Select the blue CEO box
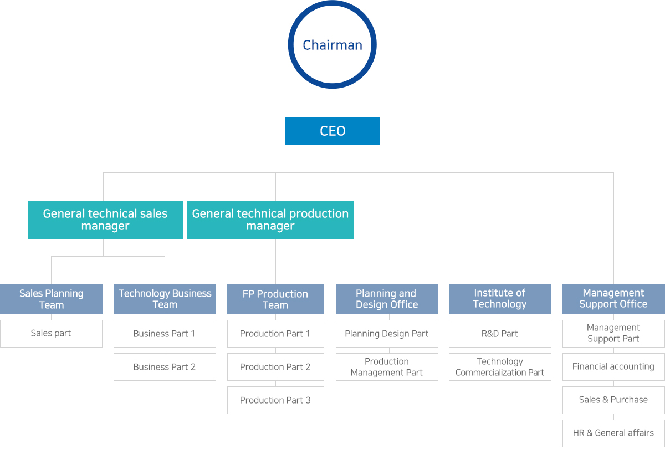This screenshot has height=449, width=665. [332, 131]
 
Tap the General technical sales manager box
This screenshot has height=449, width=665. [105, 220]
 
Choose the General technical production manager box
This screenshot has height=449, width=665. [270, 220]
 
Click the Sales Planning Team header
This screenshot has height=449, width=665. [51, 299]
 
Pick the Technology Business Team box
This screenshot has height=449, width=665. [165, 299]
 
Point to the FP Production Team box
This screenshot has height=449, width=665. [275, 299]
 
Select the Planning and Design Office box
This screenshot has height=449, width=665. [387, 299]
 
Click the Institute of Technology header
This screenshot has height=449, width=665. [500, 299]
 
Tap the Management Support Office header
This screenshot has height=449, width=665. [613, 299]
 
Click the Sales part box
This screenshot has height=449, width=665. [51, 334]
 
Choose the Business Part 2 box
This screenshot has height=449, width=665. [165, 367]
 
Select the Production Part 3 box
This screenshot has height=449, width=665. [275, 400]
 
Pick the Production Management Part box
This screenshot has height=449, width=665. [387, 367]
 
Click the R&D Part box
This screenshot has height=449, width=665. [500, 334]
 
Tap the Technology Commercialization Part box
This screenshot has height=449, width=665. [500, 367]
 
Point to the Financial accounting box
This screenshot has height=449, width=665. [613, 367]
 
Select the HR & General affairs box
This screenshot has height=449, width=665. [613, 433]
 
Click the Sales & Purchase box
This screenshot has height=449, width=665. [613, 400]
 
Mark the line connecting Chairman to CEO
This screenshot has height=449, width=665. [332, 103]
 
